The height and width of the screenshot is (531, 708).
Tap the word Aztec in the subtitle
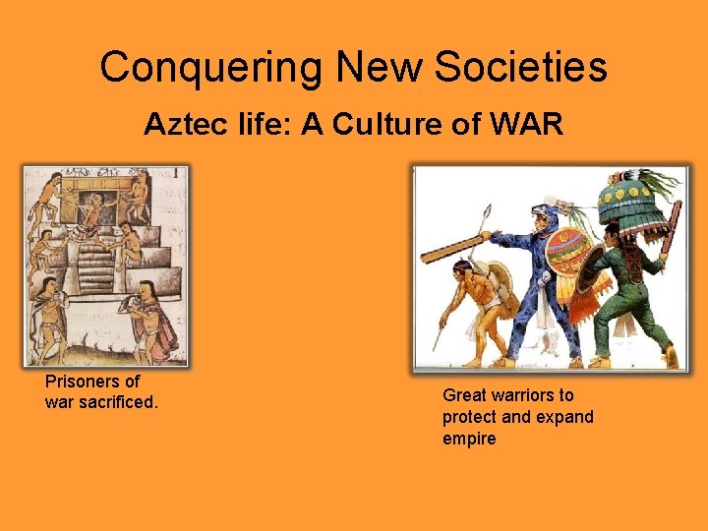point(176,124)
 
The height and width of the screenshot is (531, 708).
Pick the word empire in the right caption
point(469,439)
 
